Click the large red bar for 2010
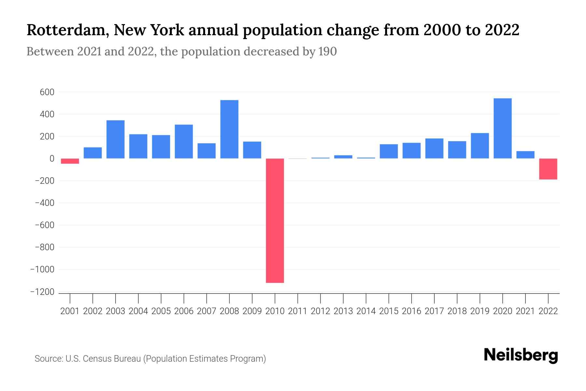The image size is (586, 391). pyautogui.click(x=275, y=220)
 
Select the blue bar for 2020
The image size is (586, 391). pyautogui.click(x=502, y=128)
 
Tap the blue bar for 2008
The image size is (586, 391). pyautogui.click(x=229, y=129)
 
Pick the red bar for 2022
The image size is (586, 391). pyautogui.click(x=548, y=169)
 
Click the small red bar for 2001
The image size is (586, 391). pyautogui.click(x=70, y=161)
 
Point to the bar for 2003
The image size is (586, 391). pyautogui.click(x=116, y=139)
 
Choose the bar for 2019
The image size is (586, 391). pyautogui.click(x=480, y=146)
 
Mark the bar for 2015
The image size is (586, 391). pyautogui.click(x=389, y=151)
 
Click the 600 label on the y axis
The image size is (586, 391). pyautogui.click(x=47, y=92)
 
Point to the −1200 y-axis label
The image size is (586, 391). pyautogui.click(x=42, y=292)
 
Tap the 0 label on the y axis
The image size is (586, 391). pyautogui.click(x=51, y=159)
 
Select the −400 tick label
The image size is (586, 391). pyautogui.click(x=44, y=203)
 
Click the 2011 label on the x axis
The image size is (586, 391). pyautogui.click(x=298, y=311)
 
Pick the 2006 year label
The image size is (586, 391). pyautogui.click(x=184, y=311)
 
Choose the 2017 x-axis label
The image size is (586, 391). pyautogui.click(x=434, y=311)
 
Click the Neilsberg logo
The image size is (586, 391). pyautogui.click(x=521, y=355)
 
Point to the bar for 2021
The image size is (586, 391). pyautogui.click(x=525, y=155)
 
